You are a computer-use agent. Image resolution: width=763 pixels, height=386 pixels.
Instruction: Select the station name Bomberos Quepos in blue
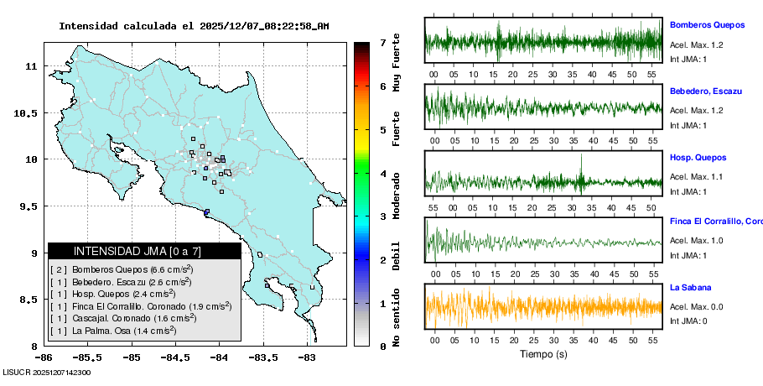coord(708,27)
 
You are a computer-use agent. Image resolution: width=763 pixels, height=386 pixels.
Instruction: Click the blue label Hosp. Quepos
coord(698,157)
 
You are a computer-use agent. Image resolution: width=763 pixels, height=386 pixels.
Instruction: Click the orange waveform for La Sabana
coord(543,307)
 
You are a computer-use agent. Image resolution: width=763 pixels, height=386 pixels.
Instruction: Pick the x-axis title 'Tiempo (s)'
coord(543,353)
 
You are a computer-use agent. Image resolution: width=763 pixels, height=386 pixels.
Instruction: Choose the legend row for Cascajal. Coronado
coord(123,318)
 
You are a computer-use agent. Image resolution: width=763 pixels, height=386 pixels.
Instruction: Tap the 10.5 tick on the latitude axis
coord(28,112)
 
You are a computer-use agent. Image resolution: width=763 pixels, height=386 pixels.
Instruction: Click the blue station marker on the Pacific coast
coord(206,211)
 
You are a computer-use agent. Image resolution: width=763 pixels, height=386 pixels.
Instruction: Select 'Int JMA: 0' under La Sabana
coord(688,321)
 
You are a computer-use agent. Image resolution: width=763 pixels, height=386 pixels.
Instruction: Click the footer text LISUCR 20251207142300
coord(47,372)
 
